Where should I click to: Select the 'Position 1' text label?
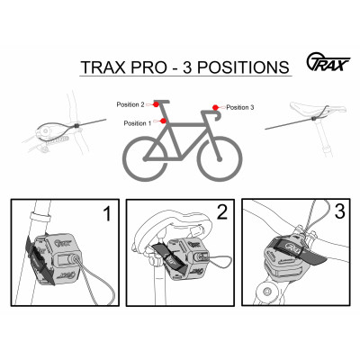[138, 122]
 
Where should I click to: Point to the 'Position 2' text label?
[130, 104]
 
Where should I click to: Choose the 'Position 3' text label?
[240, 107]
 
